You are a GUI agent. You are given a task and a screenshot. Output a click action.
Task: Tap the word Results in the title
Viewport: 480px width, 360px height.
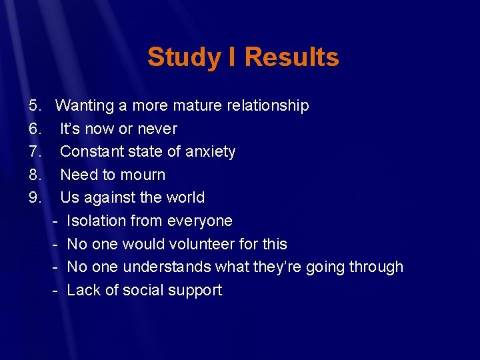(291, 57)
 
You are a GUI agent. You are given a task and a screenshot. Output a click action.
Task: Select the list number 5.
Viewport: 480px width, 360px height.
(35, 105)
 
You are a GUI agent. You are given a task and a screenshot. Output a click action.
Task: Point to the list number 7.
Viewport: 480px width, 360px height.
(35, 151)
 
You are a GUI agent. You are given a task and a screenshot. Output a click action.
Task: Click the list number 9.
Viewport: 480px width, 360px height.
(35, 197)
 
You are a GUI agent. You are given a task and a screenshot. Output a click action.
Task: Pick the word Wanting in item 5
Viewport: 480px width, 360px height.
(84, 105)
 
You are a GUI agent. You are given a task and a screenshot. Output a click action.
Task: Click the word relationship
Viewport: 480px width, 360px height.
(267, 105)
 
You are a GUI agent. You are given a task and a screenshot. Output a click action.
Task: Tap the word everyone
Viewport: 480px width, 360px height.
(200, 221)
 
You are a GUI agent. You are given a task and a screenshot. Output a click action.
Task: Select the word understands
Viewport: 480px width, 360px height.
(157, 267)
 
